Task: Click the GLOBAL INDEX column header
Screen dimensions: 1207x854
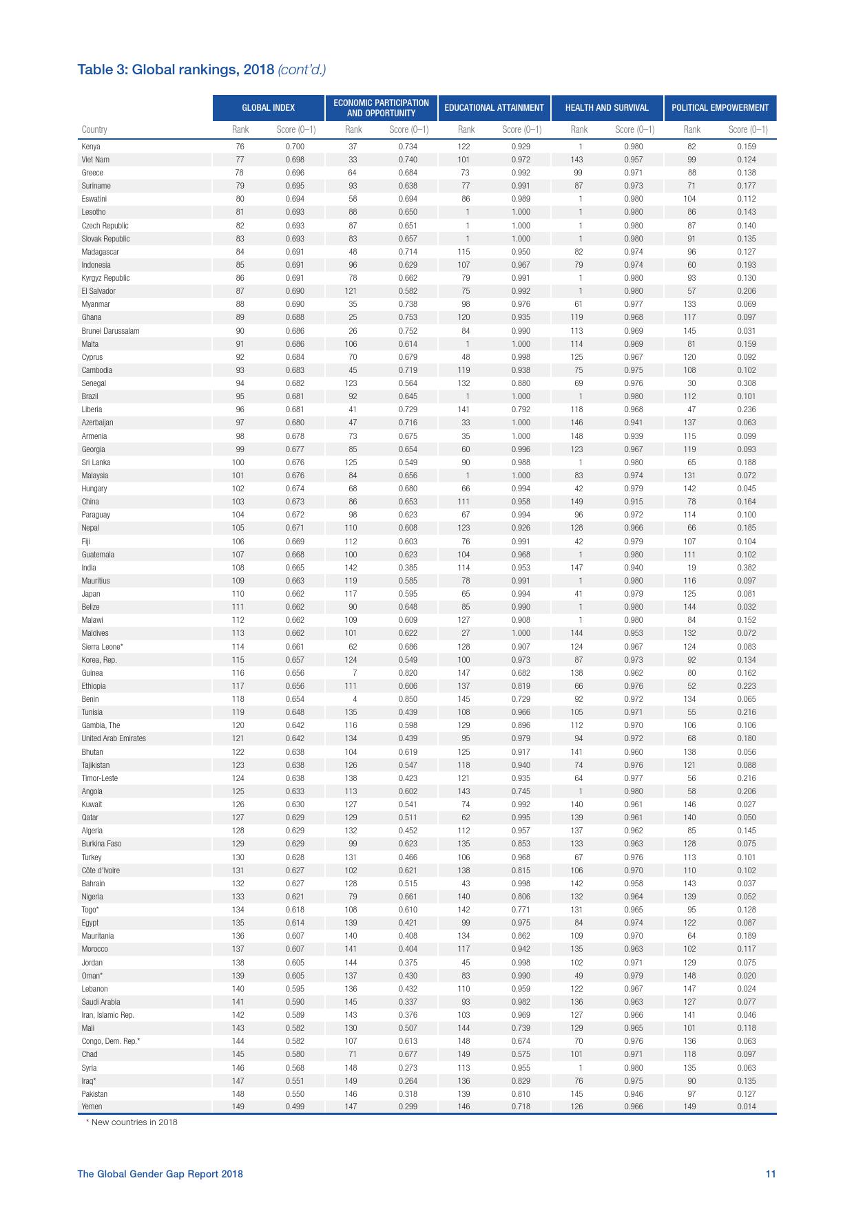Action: pos(268,107)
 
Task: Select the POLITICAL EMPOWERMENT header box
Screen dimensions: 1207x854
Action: pos(720,107)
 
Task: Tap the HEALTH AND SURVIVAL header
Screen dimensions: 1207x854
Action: pos(607,107)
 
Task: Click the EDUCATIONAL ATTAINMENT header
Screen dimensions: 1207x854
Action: pos(494,107)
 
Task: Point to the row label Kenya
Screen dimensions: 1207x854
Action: pos(91,147)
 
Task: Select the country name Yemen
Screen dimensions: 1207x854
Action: pos(92,1107)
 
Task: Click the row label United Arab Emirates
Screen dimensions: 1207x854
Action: pos(114,738)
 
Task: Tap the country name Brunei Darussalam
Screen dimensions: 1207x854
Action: pos(110,331)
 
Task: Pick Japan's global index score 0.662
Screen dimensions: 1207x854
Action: pos(295,594)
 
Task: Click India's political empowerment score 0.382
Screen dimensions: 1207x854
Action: pos(746,568)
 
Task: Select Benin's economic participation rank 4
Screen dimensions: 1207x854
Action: pos(355,699)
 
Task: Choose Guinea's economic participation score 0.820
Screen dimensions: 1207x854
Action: pos(408,673)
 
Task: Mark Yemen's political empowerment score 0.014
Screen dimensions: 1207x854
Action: pos(746,1107)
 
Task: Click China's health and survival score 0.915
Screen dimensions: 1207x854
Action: pos(634,502)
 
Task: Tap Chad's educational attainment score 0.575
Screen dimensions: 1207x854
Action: pos(521,1054)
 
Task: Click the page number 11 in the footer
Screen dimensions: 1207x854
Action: pos(771,1174)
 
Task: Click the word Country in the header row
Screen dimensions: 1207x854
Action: pos(94,129)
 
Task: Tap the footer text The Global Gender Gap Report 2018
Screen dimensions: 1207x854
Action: pos(160,1174)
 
